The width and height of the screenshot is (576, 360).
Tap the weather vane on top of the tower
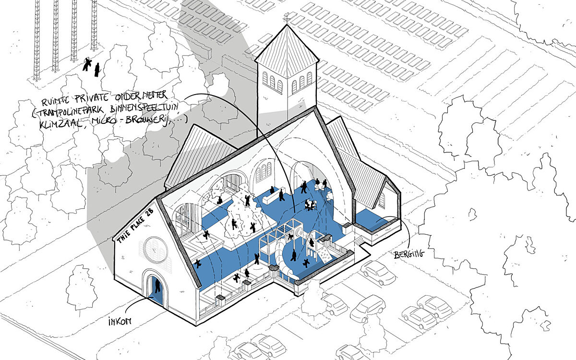pyautogui.click(x=287, y=18)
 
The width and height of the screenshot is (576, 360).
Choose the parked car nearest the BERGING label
pyautogui.click(x=378, y=272)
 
